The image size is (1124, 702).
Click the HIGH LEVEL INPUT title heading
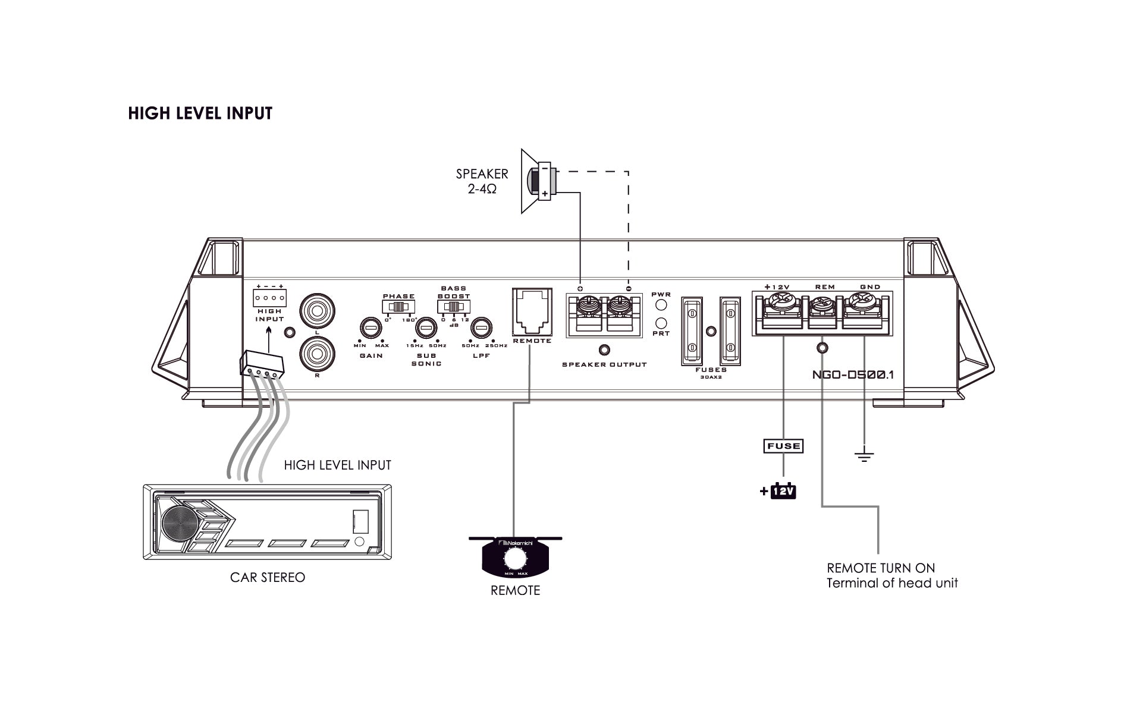[x=200, y=114]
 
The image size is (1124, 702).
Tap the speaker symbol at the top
[x=538, y=181]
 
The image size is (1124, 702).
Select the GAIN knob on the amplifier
[x=371, y=328]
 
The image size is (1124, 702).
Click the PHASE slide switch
[x=398, y=307]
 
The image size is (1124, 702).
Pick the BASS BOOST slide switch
[x=454, y=307]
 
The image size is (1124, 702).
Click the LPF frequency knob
[x=481, y=328]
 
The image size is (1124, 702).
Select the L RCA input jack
[x=317, y=310]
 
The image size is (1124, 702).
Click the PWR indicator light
[x=661, y=306]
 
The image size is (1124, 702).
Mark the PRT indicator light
[x=661, y=323]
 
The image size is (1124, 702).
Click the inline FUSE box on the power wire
[x=783, y=446]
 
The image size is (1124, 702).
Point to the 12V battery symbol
[x=783, y=492]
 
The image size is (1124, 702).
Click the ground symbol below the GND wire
[x=864, y=457]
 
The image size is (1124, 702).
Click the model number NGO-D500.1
[x=852, y=375]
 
